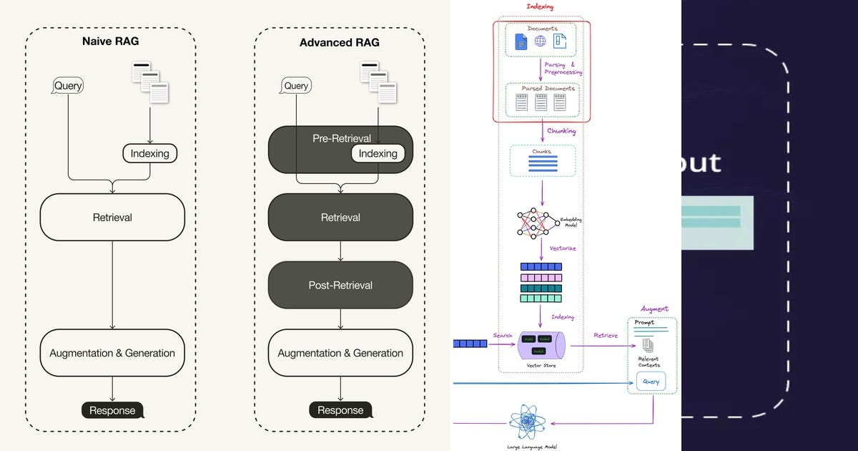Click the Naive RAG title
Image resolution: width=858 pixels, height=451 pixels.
[x=110, y=42]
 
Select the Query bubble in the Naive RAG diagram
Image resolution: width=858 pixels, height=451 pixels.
[x=68, y=86]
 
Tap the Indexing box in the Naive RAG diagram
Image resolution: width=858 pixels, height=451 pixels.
[x=149, y=153]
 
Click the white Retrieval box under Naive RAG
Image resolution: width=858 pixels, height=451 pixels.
[x=112, y=217]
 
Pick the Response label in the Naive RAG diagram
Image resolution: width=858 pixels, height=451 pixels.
[x=112, y=410]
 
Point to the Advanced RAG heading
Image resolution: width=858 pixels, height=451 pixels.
[x=340, y=43]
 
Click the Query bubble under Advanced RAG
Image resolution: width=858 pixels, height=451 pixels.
[x=296, y=86]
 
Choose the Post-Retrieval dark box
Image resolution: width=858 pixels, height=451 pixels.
[x=340, y=285]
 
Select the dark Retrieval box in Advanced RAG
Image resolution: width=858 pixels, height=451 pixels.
[x=340, y=217]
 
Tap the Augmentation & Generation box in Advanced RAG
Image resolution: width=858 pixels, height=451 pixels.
[x=340, y=353]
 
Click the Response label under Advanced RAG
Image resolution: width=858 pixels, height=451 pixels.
[x=340, y=410]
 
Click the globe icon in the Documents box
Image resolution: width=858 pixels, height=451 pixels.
[x=541, y=42]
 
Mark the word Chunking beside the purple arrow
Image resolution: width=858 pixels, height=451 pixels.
[x=561, y=131]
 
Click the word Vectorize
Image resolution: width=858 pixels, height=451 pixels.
[x=563, y=248]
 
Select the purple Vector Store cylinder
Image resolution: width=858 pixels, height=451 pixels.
[x=541, y=344]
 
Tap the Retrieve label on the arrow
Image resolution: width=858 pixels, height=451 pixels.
[x=606, y=335]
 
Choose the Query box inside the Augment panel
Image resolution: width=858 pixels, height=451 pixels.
[x=651, y=382]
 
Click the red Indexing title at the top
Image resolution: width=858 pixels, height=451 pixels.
[x=540, y=6]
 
